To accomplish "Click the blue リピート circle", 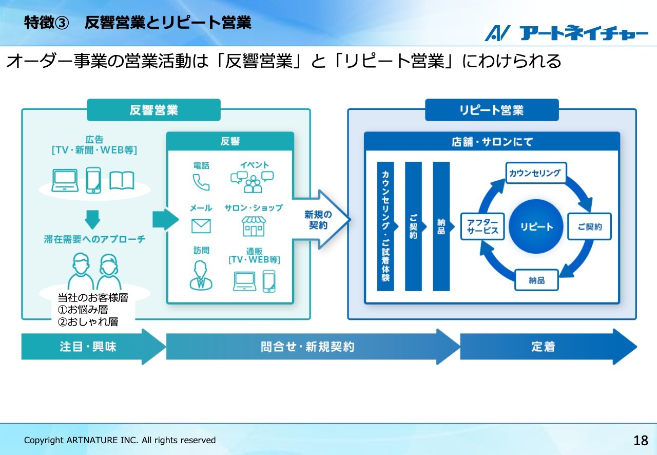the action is point(536,226).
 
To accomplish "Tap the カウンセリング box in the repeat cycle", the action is point(535,173).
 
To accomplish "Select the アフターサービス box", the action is point(482,226).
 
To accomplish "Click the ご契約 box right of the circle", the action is point(590,226).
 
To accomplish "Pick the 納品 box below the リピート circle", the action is point(536,280).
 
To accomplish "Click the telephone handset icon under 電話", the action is point(201,182).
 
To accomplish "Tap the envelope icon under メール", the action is point(201,226).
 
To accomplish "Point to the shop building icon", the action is point(254,226).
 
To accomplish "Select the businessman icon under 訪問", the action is point(201,276).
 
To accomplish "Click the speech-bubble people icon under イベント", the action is point(252,182).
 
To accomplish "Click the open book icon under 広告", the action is point(122,181).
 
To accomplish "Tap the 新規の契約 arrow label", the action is point(318,220).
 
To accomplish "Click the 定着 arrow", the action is point(549,347).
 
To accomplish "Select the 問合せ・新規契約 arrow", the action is point(313,347).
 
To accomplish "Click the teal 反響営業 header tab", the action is point(153,110).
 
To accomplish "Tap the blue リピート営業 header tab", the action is point(492,110).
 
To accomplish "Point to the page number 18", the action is point(641,440).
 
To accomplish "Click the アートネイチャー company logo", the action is point(566,33).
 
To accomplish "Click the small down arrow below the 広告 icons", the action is point(92,220).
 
